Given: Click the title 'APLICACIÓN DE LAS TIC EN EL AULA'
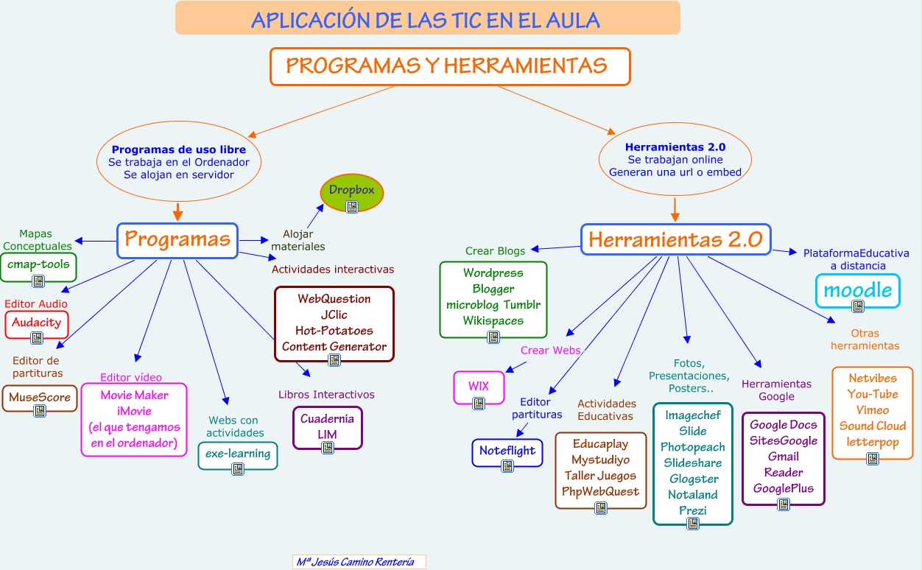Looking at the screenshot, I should coord(426,19).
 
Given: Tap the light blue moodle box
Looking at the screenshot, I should coord(857,290).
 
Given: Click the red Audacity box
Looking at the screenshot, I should coord(37,324).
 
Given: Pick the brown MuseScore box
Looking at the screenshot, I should coord(40,398).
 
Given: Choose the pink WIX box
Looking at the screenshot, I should coord(479,387).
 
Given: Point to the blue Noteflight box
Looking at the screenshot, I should coord(507,452).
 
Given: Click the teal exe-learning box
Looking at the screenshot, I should coord(238,455).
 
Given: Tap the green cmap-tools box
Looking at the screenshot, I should coord(39,267).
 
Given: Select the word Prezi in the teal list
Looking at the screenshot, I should coord(693,510).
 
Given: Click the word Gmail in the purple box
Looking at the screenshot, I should coord(783,457).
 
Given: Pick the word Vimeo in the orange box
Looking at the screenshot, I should coord(873,410).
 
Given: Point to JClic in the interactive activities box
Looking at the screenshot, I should coord(334,314).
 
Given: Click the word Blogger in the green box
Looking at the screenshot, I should coord(493,289).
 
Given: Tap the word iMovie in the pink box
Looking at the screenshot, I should coord(134,411).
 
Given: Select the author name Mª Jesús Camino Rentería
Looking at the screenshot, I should coord(355,562).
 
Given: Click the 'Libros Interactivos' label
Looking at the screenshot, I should coord(326,395).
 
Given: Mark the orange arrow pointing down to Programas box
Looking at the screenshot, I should coord(177,212).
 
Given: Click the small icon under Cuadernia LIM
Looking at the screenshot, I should coord(328,447).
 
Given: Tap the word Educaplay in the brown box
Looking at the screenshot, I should coord(600,444).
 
